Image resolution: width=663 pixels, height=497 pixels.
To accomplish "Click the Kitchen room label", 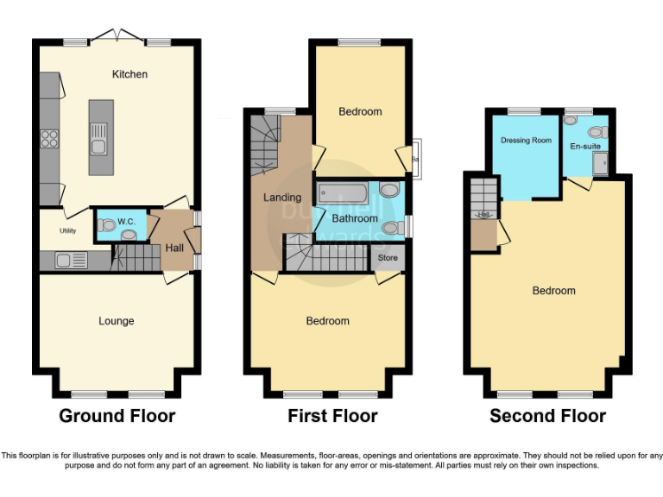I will click(x=129, y=74).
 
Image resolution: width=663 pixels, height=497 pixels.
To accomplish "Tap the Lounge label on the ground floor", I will click(x=116, y=321).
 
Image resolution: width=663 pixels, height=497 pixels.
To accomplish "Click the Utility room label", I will click(x=68, y=231).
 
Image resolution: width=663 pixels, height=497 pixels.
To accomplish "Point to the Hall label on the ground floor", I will click(x=174, y=248).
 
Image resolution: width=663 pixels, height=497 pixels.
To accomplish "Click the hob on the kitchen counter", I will click(x=50, y=139).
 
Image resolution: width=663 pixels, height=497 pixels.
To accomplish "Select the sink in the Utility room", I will click(x=66, y=259).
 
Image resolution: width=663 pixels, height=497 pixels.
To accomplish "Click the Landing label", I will click(x=281, y=198).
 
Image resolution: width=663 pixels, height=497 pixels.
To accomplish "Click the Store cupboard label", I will click(x=388, y=257).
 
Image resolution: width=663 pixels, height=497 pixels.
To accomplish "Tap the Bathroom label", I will click(x=355, y=218).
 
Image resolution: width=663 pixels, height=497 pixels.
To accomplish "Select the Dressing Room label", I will click(x=526, y=141).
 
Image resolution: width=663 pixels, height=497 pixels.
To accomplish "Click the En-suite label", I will click(x=584, y=147).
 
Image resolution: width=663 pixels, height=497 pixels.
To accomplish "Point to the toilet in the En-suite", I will click(x=594, y=131).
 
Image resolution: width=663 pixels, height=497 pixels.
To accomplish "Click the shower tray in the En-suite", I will click(x=600, y=164).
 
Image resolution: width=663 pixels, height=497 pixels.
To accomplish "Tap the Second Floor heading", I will click(x=547, y=416).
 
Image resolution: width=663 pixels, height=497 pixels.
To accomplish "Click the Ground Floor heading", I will click(x=117, y=416).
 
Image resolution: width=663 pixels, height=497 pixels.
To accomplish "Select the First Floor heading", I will click(x=332, y=416).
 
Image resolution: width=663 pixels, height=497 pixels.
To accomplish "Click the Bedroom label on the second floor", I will click(x=553, y=291).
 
